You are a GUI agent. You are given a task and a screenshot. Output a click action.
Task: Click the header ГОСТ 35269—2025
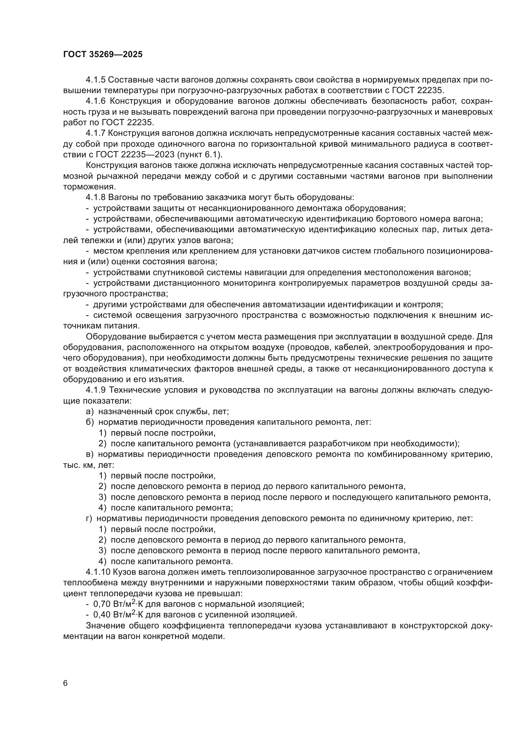pyautogui.click(x=103, y=55)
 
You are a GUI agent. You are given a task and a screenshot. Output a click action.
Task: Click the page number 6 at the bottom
pyautogui.click(x=65, y=683)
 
